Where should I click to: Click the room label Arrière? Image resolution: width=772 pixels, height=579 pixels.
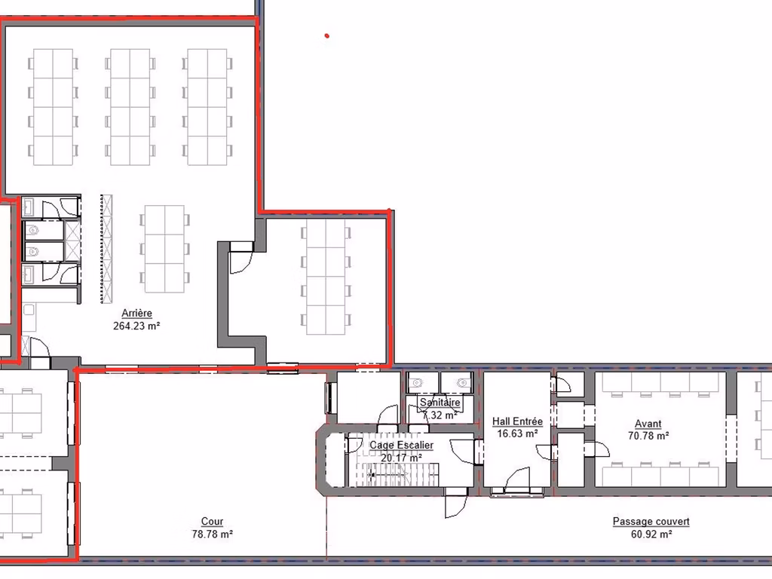coord(137,313)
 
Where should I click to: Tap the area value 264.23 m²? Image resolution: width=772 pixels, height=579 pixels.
coord(136,326)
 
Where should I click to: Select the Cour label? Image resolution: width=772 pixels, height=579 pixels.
coord(212,522)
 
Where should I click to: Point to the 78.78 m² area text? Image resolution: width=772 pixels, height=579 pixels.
coord(212,535)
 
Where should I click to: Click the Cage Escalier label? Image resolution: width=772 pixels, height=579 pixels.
coord(401,445)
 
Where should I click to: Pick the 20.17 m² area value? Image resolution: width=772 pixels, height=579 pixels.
coord(401,458)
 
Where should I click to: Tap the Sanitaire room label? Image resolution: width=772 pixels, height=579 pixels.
coord(440,403)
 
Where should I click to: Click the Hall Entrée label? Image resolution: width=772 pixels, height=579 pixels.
coord(517,421)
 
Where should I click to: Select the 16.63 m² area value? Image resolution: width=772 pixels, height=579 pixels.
coord(517,433)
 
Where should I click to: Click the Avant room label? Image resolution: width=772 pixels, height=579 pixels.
coord(648,424)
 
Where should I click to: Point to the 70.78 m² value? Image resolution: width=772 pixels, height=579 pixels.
coord(648,436)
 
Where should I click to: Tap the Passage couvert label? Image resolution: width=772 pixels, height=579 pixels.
coord(651,522)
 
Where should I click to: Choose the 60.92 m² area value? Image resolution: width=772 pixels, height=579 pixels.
coord(651,535)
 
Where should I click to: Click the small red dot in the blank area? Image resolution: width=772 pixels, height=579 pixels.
coord(326,35)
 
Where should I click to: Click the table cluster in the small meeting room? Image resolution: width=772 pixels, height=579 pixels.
coord(326,277)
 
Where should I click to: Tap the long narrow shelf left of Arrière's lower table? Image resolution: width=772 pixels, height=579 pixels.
coord(107,249)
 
